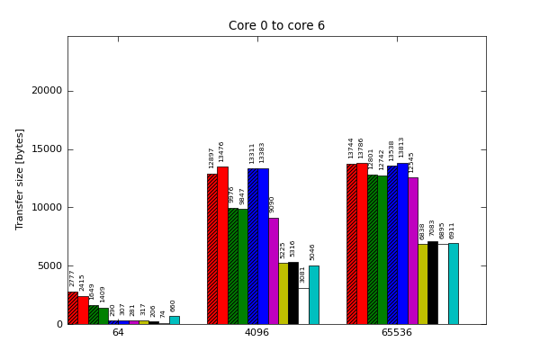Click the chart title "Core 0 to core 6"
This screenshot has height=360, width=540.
tap(276, 26)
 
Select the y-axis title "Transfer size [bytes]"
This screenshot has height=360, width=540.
tap(20, 178)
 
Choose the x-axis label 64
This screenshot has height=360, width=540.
tap(118, 333)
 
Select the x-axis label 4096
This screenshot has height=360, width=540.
tap(257, 333)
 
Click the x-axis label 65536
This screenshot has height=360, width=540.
tap(397, 333)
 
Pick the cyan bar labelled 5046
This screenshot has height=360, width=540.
tap(313, 294)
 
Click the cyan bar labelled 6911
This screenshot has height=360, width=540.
tap(453, 283)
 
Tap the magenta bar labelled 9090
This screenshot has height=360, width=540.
tap(273, 271)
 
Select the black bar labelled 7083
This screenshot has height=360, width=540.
tap(432, 283)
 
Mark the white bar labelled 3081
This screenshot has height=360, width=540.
tap(303, 306)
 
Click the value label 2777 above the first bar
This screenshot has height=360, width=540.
tap(73, 278)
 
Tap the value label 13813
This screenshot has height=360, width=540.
tap(402, 148)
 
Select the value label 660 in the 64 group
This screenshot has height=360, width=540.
tap(174, 306)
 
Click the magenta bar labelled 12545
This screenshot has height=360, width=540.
tap(412, 250)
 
